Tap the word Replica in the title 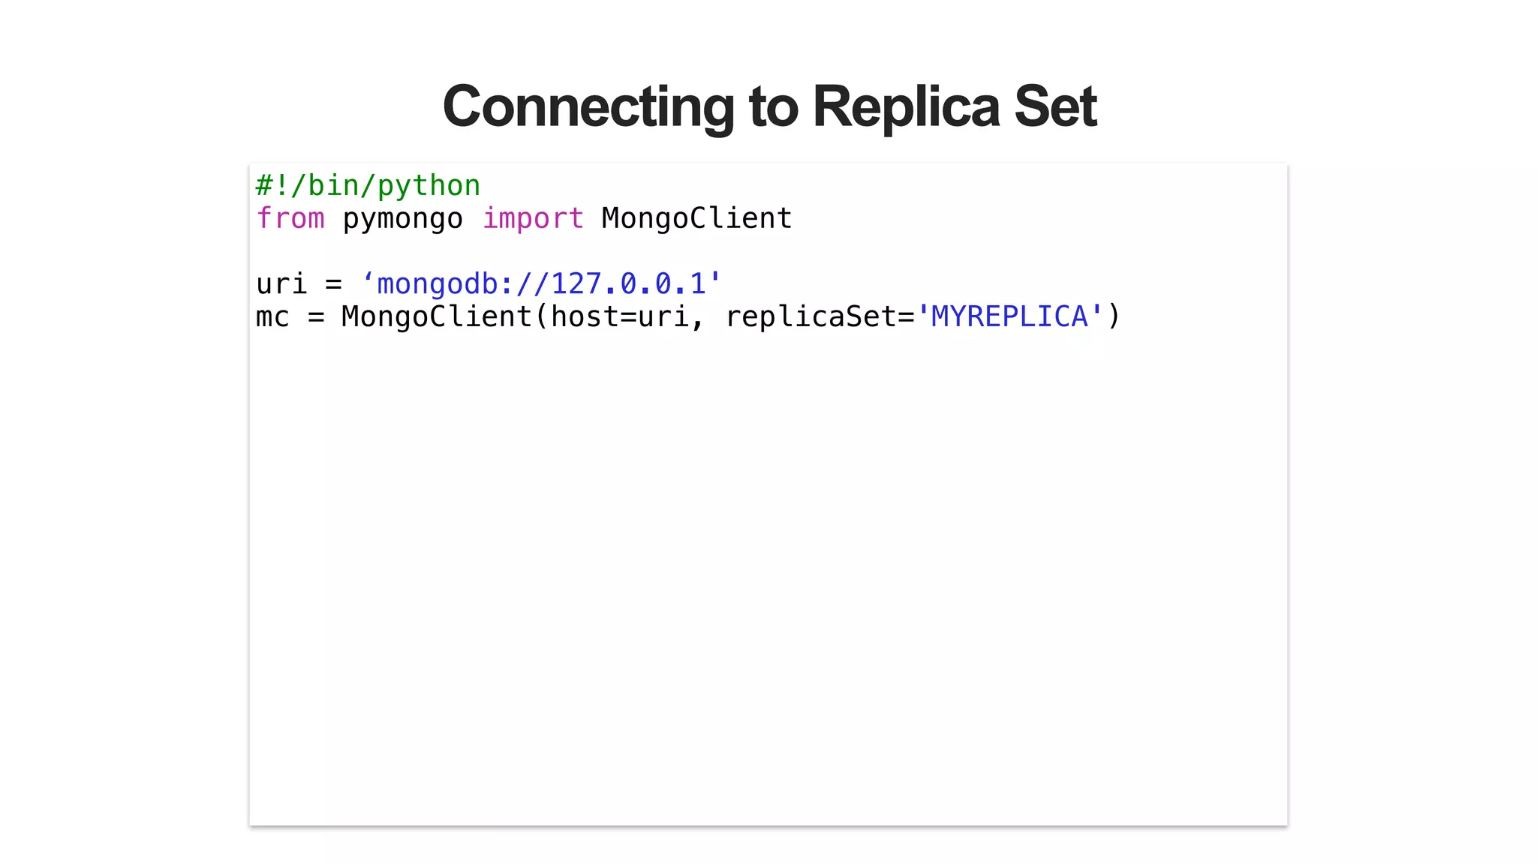[x=906, y=106]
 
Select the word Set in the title [x=1055, y=106]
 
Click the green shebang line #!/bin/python [x=368, y=186]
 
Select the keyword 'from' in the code [x=290, y=219]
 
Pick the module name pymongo [x=403, y=219]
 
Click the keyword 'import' [x=533, y=219]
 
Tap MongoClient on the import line [x=696, y=219]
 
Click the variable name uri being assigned [x=281, y=284]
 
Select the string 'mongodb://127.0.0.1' [x=541, y=284]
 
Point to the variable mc [x=272, y=317]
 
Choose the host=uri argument [x=619, y=317]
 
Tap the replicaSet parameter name [x=811, y=317]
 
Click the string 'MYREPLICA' [x=1009, y=317]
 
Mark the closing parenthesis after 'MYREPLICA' [x=1114, y=317]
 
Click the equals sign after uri [x=333, y=284]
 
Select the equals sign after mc [x=316, y=317]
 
